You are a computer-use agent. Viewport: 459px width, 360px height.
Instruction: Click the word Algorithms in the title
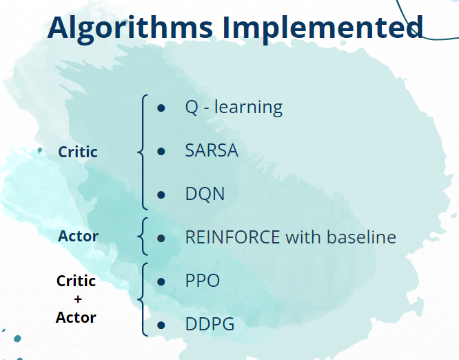(x=130, y=28)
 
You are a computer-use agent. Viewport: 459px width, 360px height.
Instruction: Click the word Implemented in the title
(x=323, y=28)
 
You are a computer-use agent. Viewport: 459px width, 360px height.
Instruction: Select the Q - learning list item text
(x=234, y=108)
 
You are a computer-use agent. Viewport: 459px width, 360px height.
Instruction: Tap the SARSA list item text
(x=212, y=150)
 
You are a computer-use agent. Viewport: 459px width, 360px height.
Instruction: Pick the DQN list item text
(x=205, y=194)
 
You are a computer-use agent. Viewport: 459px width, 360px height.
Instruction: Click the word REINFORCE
(x=233, y=237)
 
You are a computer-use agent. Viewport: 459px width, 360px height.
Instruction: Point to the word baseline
(x=361, y=237)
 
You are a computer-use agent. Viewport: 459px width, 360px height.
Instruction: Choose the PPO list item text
(x=203, y=280)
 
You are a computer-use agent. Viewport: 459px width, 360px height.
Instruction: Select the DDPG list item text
(x=210, y=324)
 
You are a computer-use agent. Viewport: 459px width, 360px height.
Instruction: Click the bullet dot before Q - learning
(x=161, y=108)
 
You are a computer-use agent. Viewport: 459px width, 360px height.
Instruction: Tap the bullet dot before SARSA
(x=161, y=151)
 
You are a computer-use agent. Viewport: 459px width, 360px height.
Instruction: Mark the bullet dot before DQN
(x=161, y=194)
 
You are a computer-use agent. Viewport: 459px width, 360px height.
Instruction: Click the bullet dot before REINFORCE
(x=161, y=238)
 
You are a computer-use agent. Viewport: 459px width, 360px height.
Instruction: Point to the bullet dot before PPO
(x=161, y=281)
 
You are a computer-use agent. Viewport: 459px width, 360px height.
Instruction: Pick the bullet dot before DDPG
(x=161, y=325)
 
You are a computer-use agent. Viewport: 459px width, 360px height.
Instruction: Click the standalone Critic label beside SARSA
(x=78, y=152)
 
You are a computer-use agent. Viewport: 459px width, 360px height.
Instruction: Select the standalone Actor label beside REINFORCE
(x=78, y=236)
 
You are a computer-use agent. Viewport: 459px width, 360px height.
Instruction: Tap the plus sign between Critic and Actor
(x=78, y=299)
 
